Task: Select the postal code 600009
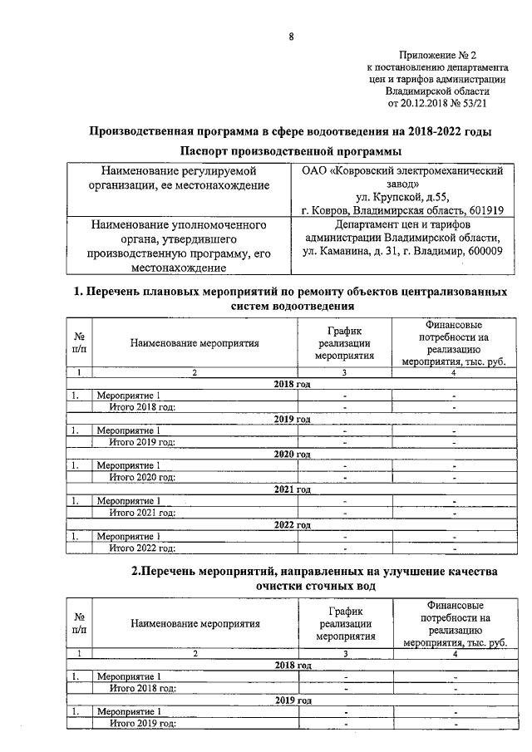(481, 251)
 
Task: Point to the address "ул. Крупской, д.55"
(401, 197)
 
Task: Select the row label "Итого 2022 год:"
(142, 548)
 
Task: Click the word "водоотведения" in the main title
(357, 132)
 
